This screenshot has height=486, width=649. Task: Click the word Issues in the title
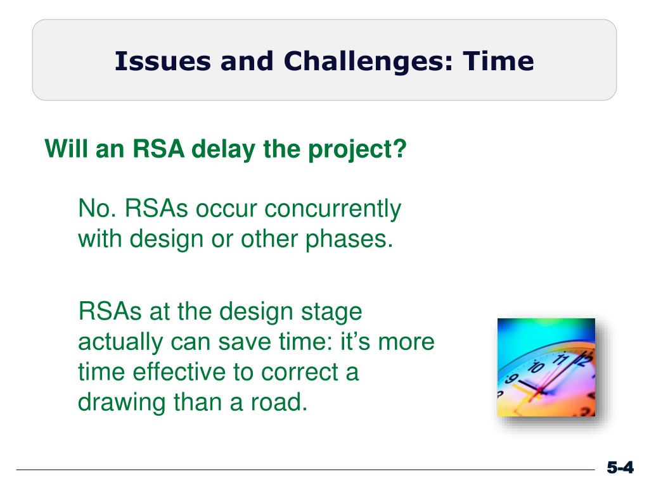(x=162, y=61)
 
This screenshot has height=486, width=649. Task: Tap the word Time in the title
(x=498, y=61)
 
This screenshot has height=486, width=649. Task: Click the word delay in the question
(x=224, y=149)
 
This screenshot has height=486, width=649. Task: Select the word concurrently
(x=333, y=209)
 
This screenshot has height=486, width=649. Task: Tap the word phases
(x=349, y=239)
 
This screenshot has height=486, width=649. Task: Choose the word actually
(x=120, y=342)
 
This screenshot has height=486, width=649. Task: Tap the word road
(x=279, y=402)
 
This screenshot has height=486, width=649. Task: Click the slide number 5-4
(x=620, y=468)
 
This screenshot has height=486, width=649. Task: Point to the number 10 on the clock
(x=536, y=366)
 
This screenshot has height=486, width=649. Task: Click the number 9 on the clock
(x=511, y=379)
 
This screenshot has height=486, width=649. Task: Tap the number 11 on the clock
(x=562, y=358)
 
